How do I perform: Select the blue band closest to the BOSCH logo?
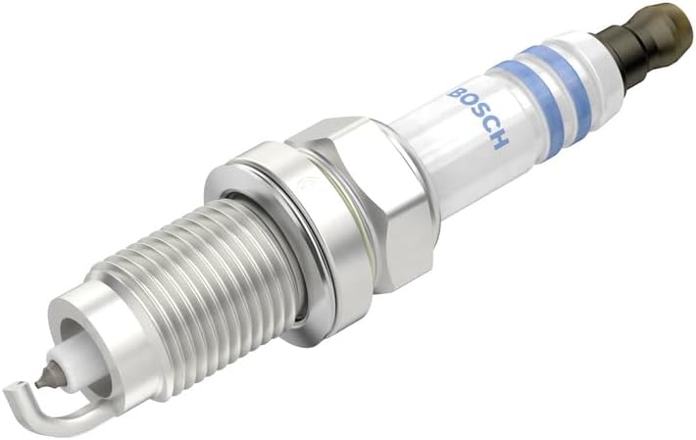coord(532,109)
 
